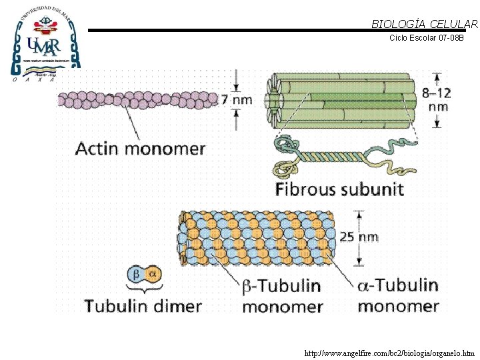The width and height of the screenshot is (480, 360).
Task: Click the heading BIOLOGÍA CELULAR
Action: point(425,25)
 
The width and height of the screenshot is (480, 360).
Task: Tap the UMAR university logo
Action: point(45,41)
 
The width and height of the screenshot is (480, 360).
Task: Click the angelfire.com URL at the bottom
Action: point(389,353)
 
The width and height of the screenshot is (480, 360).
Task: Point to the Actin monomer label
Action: point(140,148)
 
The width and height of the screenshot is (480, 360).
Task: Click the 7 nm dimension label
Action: point(237,100)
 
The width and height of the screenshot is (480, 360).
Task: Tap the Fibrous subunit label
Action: point(339,189)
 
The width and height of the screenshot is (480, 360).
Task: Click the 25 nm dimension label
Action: point(359,237)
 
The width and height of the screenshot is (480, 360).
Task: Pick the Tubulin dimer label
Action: point(143,306)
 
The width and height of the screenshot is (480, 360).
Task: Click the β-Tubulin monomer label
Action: point(281,296)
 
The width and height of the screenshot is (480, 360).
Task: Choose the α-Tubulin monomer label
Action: point(398,295)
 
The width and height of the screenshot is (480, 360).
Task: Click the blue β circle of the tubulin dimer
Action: point(135,275)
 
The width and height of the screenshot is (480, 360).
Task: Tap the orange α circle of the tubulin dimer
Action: point(152,275)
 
